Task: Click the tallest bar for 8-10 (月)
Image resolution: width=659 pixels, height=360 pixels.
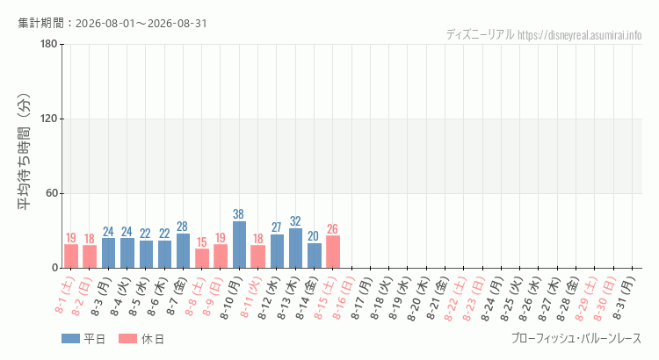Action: pyautogui.click(x=239, y=244)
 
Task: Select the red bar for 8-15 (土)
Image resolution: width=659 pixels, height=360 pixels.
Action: pyautogui.click(x=333, y=252)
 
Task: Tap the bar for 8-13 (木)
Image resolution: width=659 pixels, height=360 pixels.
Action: pyautogui.click(x=295, y=248)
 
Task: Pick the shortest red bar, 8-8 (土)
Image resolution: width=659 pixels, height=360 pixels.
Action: pyautogui.click(x=202, y=258)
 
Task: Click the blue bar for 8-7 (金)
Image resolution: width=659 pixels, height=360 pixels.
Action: pyautogui.click(x=183, y=251)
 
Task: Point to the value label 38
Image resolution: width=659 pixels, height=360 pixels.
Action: pyautogui.click(x=238, y=214)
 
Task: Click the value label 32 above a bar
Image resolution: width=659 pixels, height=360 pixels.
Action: pyautogui.click(x=295, y=221)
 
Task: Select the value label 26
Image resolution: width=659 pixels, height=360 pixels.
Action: pyautogui.click(x=332, y=229)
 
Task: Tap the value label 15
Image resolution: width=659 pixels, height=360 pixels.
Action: pyautogui.click(x=202, y=242)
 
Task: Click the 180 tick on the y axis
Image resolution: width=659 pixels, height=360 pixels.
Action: pyautogui.click(x=48, y=44)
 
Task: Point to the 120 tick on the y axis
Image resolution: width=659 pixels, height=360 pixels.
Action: pyautogui.click(x=48, y=119)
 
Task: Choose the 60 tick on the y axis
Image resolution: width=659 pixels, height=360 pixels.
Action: pyautogui.click(x=52, y=193)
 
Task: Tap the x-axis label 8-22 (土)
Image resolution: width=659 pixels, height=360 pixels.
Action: pyautogui.click(x=455, y=299)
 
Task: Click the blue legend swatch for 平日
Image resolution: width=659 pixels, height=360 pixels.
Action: pyautogui.click(x=70, y=339)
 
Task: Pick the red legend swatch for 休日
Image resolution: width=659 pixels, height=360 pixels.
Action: pyautogui.click(x=127, y=339)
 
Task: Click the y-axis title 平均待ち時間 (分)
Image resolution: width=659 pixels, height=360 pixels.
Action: pyautogui.click(x=24, y=152)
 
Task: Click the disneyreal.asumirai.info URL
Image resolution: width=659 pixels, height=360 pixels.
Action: pyautogui.click(x=580, y=35)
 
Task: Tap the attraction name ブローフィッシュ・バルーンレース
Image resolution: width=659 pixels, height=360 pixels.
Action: pyautogui.click(x=576, y=339)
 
